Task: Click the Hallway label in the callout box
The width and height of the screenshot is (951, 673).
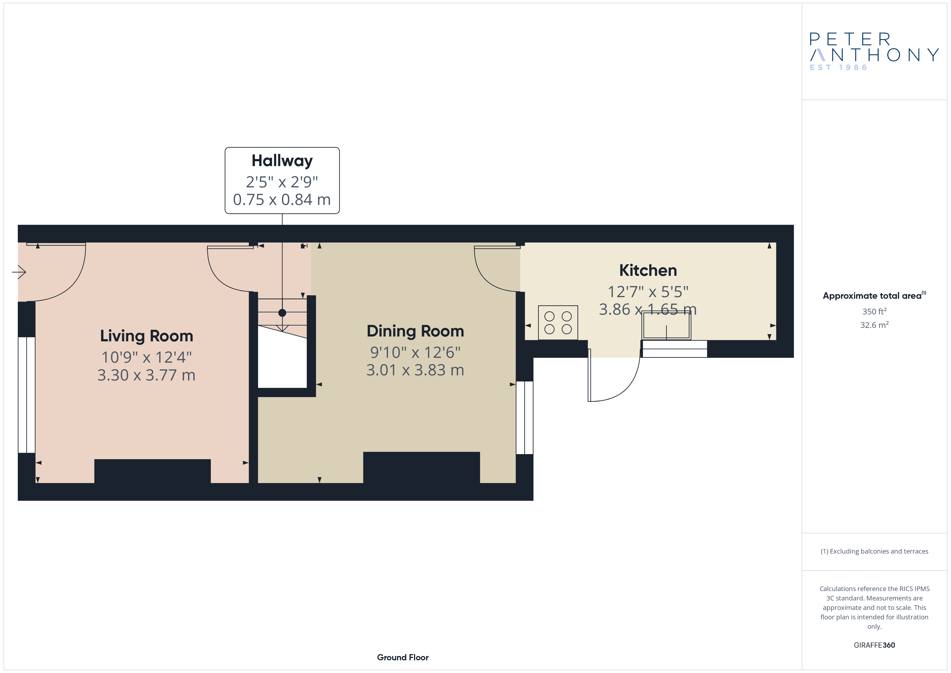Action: point(282,161)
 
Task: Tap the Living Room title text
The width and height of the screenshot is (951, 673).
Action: point(147,336)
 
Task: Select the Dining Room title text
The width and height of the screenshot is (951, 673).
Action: point(415,331)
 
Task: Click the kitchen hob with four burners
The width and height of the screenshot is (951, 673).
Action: point(558,323)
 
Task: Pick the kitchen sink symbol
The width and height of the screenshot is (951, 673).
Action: point(666,325)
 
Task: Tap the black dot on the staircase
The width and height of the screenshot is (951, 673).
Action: point(282,313)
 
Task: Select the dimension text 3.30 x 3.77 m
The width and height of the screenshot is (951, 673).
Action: point(146,375)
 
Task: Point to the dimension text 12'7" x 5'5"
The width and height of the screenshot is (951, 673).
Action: point(648,292)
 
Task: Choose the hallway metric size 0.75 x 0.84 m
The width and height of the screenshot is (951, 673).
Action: point(282,200)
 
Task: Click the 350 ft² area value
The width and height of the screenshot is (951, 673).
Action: point(874,311)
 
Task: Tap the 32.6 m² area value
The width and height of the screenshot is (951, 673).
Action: point(874,325)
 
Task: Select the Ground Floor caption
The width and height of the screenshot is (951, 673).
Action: point(403,657)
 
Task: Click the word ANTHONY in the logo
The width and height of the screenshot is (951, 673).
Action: point(874,55)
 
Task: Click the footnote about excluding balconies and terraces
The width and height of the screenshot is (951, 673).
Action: point(874,551)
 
